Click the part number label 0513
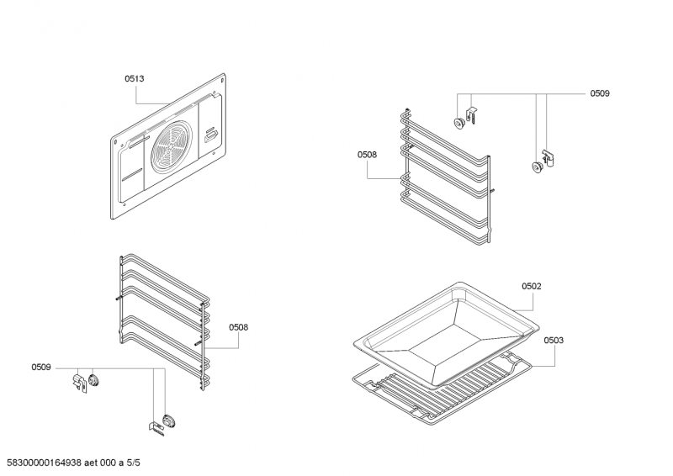pyautogui.click(x=135, y=78)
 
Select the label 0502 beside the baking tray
pyautogui.click(x=532, y=286)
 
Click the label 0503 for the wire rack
pyautogui.click(x=554, y=341)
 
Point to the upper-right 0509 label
pyautogui.click(x=600, y=93)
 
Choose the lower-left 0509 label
pyautogui.click(x=41, y=368)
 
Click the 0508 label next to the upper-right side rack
pyautogui.click(x=367, y=155)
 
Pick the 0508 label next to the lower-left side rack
pyautogui.click(x=238, y=327)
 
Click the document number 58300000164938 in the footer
pyautogui.click(x=45, y=463)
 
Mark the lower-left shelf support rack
pyautogui.click(x=163, y=321)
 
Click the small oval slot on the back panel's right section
pyautogui.click(x=211, y=136)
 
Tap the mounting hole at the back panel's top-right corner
pyautogui.click(x=222, y=80)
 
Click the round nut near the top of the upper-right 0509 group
pyautogui.click(x=458, y=122)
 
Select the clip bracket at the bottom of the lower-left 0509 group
pyautogui.click(x=156, y=428)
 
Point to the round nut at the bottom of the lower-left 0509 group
pyautogui.click(x=169, y=420)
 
